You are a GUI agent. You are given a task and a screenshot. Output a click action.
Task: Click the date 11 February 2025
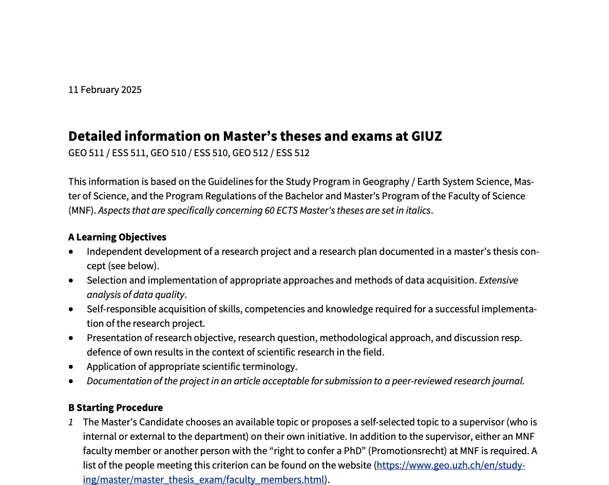coord(105,90)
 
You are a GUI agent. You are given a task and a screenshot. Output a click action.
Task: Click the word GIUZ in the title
coord(426,136)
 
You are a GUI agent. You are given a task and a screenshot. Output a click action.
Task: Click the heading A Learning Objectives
coord(117,237)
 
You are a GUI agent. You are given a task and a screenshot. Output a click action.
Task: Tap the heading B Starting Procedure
coord(116,408)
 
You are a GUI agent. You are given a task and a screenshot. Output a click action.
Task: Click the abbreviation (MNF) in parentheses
coord(82,211)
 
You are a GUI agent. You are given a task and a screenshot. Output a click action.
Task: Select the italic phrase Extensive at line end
coord(498,281)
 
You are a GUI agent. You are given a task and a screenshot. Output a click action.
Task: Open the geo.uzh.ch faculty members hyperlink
coord(451,466)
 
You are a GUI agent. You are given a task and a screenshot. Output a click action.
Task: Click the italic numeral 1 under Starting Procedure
coord(71,422)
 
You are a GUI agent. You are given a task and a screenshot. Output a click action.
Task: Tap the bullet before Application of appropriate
coord(71,367)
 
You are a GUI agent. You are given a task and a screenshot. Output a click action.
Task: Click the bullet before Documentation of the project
coord(71,381)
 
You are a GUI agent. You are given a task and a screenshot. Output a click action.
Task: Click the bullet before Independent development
coord(71,252)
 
